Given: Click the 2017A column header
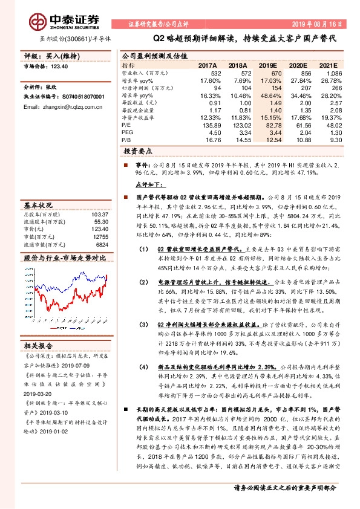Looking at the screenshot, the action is tap(208, 65).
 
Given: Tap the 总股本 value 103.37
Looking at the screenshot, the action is tap(99, 215).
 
